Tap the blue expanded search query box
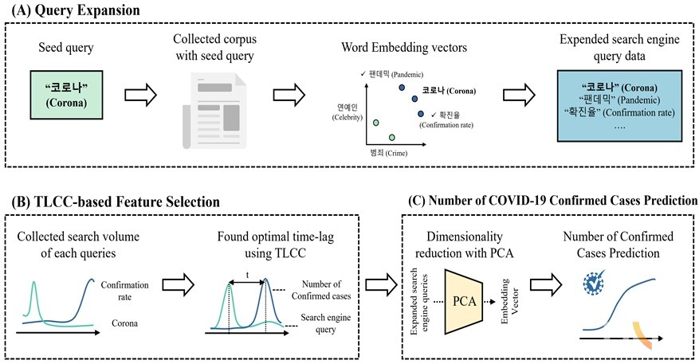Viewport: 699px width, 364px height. [x=620, y=105]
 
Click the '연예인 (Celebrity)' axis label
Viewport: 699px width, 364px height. [x=344, y=111]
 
